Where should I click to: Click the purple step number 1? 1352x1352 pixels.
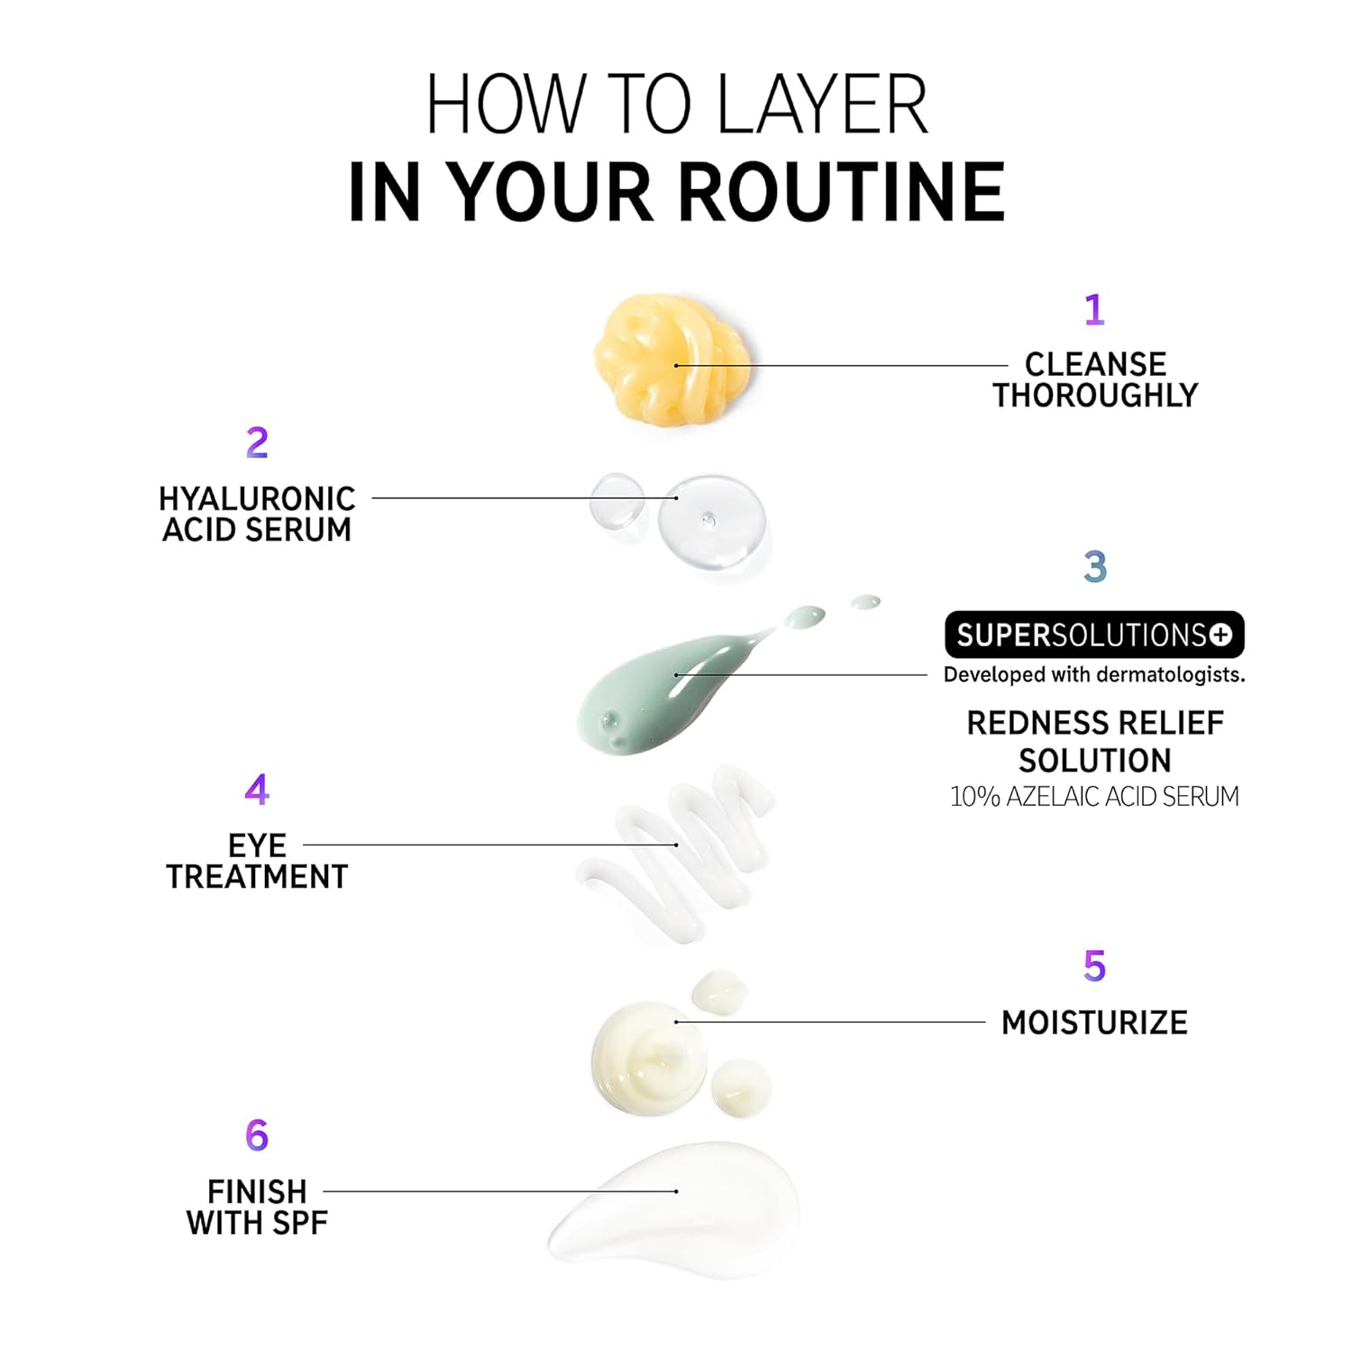pos(1094,309)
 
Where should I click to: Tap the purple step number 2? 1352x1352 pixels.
pos(257,443)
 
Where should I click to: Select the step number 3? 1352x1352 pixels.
pos(1095,566)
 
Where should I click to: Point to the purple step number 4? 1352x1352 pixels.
pos(257,790)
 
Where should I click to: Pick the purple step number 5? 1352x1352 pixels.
pos(1094,965)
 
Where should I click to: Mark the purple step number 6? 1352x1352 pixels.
pos(257,1135)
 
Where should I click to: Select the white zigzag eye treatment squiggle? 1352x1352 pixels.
pos(674,852)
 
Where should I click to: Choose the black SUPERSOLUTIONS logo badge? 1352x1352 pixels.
pos(1094,635)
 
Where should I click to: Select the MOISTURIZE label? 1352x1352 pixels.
pos(1094,1023)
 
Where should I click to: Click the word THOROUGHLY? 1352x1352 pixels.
pos(1095,395)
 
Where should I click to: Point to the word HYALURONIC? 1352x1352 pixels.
pos(257,498)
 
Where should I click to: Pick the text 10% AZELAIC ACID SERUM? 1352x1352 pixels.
pos(1094,797)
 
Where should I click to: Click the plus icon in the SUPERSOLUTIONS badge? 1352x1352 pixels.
pos(1220,635)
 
